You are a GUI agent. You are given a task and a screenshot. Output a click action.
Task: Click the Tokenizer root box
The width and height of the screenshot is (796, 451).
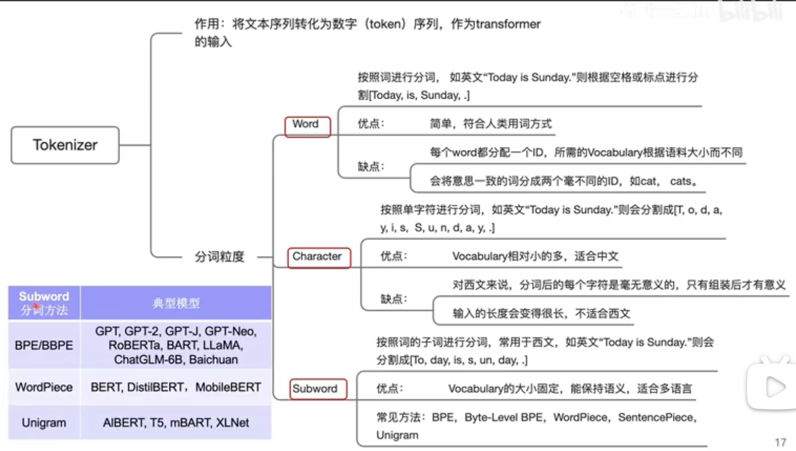65,145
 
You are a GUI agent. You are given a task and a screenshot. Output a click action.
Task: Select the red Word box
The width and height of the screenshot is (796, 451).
307,126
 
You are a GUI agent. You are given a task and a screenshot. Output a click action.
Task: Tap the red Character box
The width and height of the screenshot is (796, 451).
319,257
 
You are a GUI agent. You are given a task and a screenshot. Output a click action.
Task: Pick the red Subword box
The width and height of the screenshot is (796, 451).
317,389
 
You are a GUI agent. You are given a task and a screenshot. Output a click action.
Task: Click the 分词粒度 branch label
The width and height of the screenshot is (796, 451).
219,257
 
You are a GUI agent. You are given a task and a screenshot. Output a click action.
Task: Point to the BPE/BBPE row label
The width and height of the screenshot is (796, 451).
44,346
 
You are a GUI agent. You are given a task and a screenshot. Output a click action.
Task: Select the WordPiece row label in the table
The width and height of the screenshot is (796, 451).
44,388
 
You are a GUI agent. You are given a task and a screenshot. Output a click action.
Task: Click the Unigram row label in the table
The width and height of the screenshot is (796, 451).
44,423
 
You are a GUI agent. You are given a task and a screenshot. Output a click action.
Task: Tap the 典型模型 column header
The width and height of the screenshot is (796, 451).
176,303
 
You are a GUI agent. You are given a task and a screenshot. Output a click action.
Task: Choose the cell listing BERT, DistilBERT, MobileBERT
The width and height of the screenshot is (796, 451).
176,388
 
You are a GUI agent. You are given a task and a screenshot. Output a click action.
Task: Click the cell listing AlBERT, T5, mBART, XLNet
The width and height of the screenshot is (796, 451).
176,423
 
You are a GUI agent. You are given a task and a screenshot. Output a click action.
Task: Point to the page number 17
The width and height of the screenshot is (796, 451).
780,442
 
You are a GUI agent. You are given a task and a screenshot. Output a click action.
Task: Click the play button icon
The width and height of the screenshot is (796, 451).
774,387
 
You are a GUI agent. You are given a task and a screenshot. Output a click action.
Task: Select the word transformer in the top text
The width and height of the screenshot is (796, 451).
508,24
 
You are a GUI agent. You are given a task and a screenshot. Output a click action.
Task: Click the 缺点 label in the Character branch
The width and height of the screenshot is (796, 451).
394,299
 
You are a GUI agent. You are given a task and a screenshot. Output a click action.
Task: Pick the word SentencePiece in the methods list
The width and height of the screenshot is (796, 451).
656,418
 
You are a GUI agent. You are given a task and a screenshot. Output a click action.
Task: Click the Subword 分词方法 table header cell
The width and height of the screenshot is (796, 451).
44,303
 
